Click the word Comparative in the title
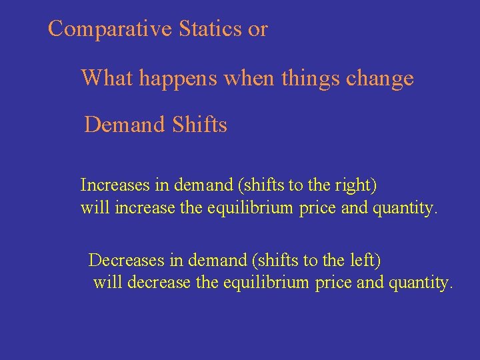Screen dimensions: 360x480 click(111, 29)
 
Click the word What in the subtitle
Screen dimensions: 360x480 click(107, 79)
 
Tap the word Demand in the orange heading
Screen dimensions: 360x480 click(125, 125)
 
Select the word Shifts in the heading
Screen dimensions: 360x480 click(199, 125)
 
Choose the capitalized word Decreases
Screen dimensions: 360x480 click(121, 258)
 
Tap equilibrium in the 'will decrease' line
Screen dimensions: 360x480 click(262, 283)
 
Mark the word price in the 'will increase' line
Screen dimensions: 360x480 click(318, 209)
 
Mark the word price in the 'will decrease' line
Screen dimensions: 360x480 click(334, 283)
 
